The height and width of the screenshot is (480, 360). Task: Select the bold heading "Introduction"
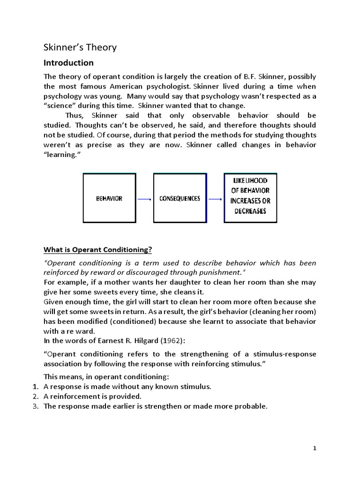point(68,63)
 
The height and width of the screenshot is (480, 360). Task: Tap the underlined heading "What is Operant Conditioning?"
point(98,248)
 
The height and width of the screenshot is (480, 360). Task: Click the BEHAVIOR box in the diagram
point(110,198)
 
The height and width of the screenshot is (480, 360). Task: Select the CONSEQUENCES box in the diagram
point(180,198)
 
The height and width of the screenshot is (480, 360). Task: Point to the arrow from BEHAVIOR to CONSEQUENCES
point(145,199)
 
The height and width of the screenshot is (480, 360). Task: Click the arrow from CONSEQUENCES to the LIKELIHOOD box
point(215,199)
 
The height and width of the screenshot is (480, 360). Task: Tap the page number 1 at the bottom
point(315,448)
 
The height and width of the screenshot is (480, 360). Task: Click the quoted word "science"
point(59,105)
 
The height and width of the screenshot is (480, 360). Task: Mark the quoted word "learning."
point(63,154)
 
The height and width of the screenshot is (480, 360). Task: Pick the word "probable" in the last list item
point(251,406)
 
